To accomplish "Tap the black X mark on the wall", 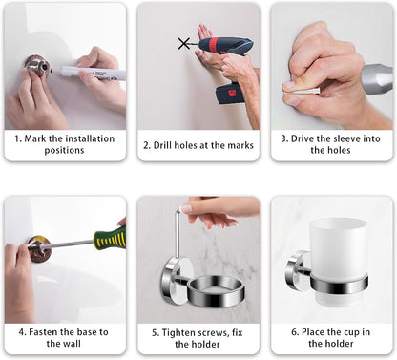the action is pyautogui.click(x=184, y=43).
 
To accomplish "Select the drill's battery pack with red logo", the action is pyautogui.click(x=231, y=93).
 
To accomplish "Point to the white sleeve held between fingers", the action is pyautogui.click(x=302, y=92).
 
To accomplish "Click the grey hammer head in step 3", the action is pyautogui.click(x=378, y=78).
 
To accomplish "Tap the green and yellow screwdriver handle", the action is pyautogui.click(x=110, y=238).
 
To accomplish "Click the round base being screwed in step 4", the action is pyautogui.click(x=39, y=249).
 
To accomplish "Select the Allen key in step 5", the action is pyautogui.click(x=178, y=232).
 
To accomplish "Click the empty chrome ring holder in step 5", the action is pyautogui.click(x=216, y=291).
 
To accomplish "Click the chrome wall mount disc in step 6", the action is pyautogui.click(x=295, y=270).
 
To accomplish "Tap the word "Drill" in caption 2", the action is pyautogui.click(x=162, y=145).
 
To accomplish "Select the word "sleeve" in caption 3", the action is pyautogui.click(x=346, y=138).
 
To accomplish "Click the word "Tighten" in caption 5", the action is pyautogui.click(x=178, y=333).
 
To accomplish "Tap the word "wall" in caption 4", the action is pyautogui.click(x=73, y=344).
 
